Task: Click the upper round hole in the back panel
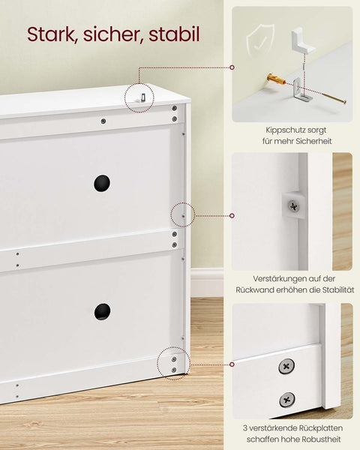coord(102,183)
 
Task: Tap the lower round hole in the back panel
coord(103,311)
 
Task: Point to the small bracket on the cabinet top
coord(139,97)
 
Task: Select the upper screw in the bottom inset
coord(286,367)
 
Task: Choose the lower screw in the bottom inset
coord(286,400)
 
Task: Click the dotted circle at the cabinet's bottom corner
coord(174,362)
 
